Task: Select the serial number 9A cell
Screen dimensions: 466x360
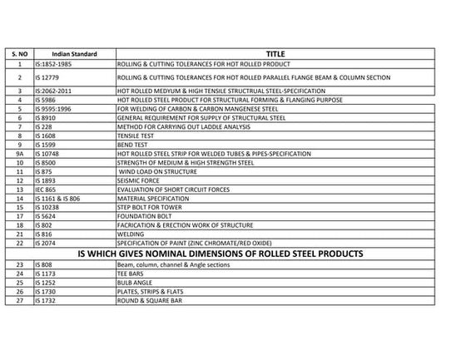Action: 18,154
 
